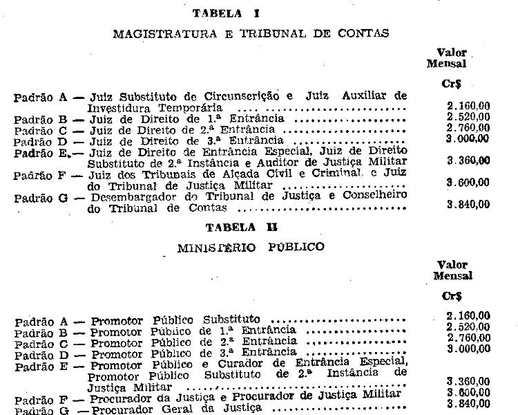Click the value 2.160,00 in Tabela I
pos(468,105)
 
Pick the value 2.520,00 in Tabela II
pos(468,326)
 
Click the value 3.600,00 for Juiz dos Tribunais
pos(468,182)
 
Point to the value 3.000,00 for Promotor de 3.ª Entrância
pos(468,348)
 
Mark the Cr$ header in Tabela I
pos(451,82)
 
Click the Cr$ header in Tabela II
pos(452,295)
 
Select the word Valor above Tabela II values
pos(452,265)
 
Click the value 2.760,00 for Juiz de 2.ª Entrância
pos(468,128)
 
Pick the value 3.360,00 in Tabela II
pos(468,381)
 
